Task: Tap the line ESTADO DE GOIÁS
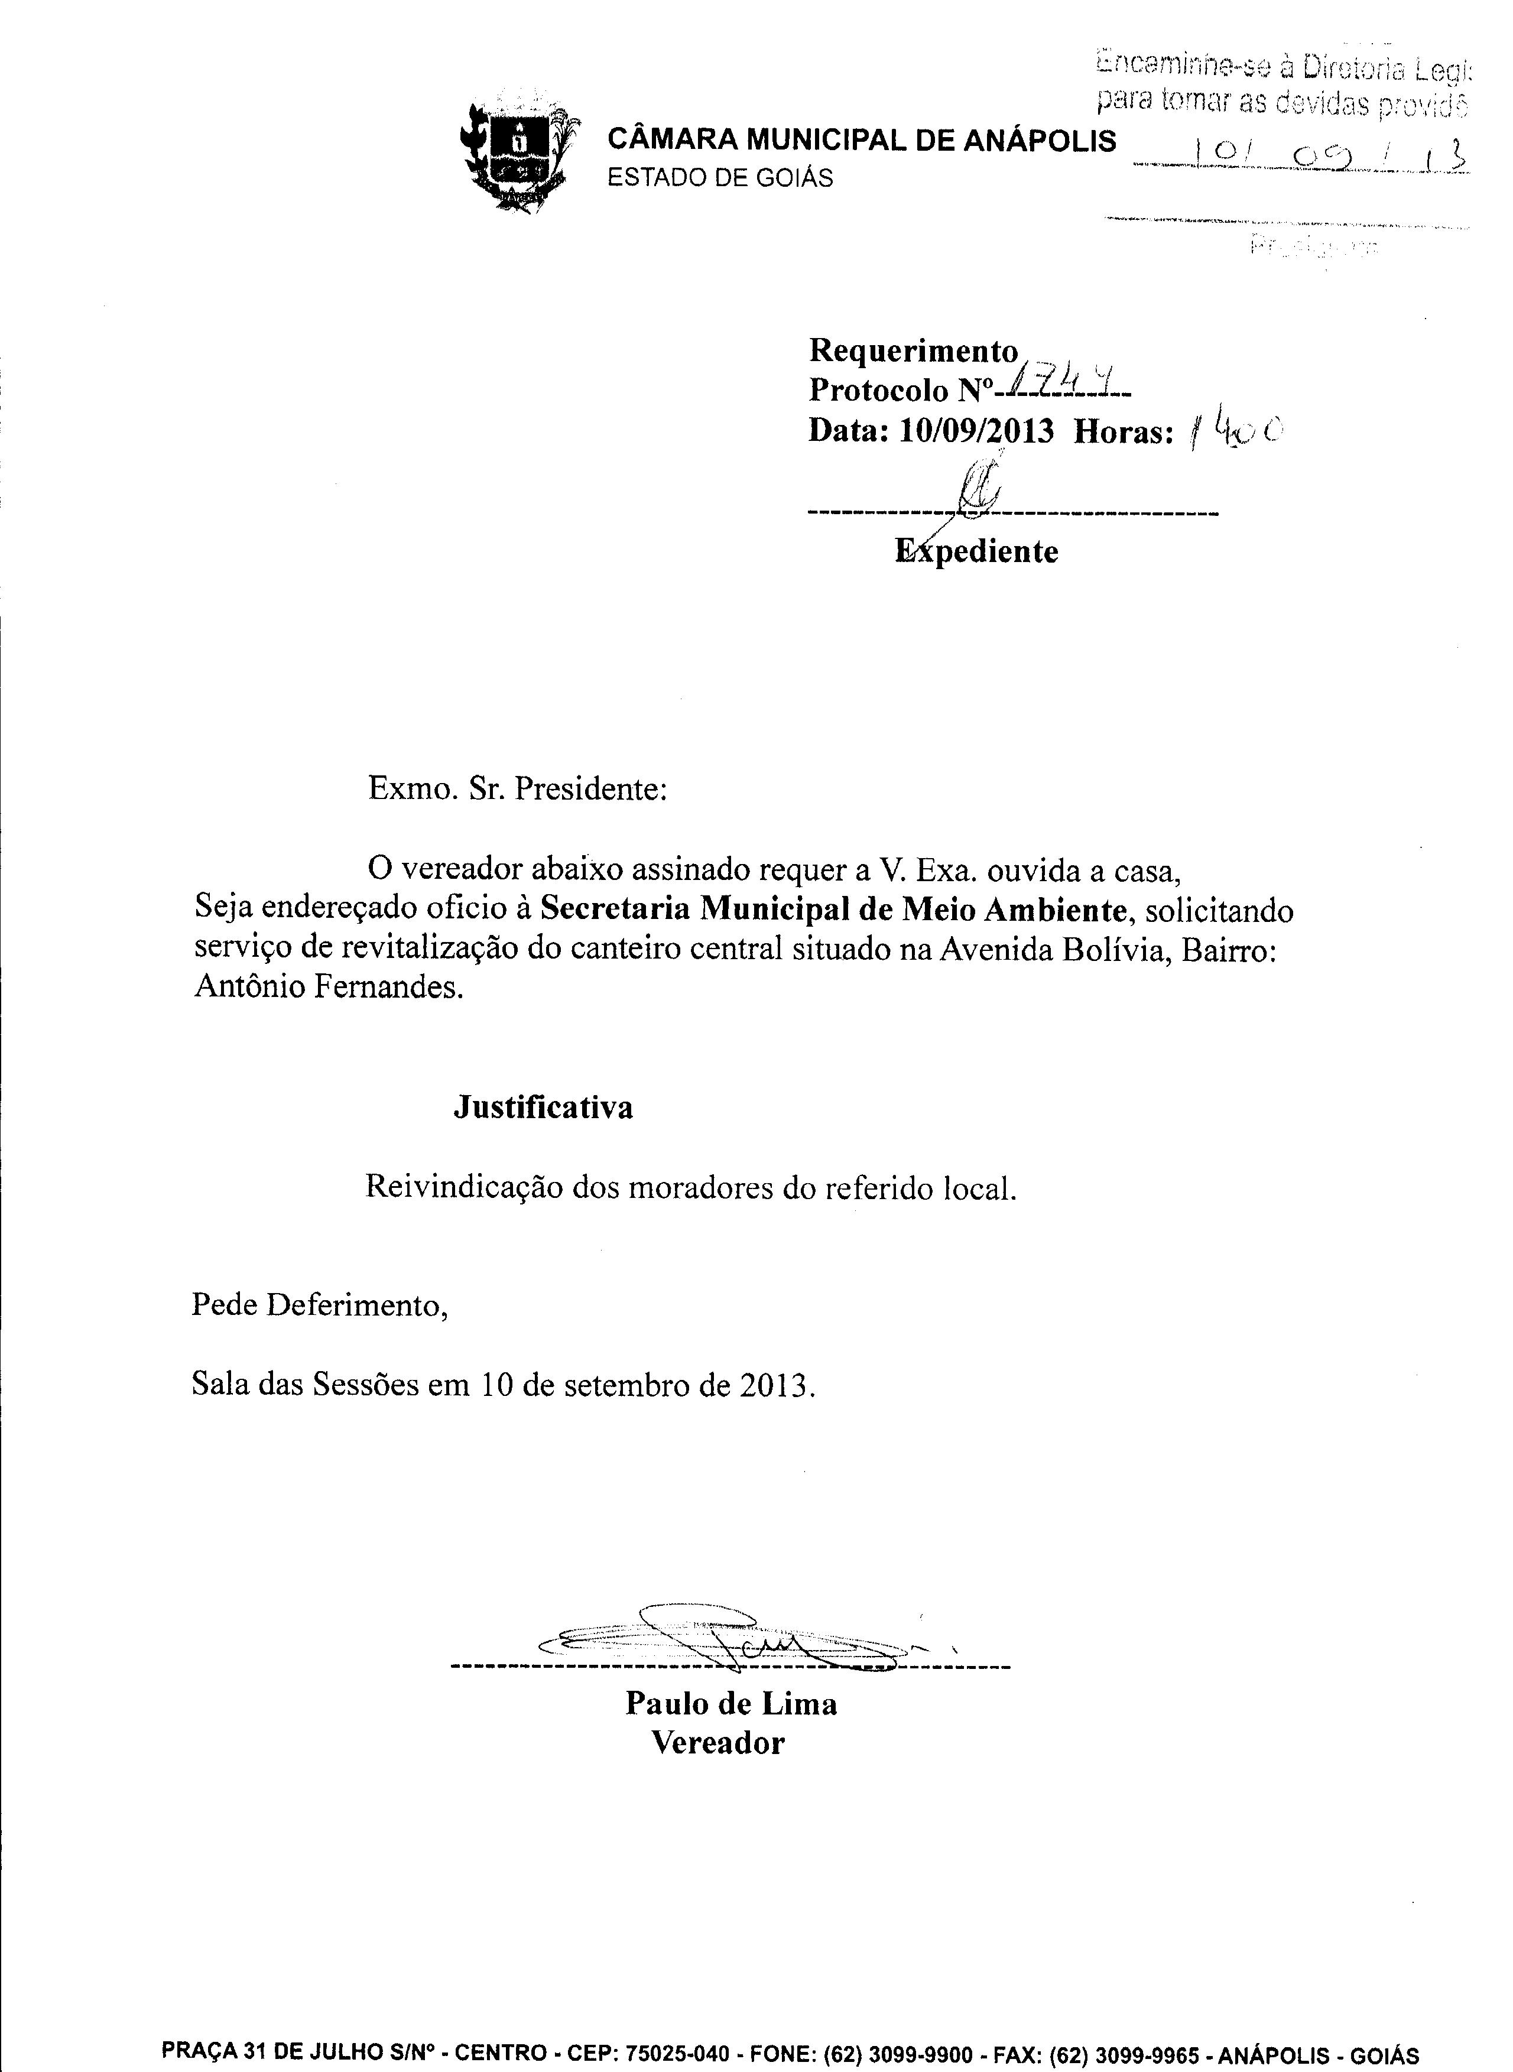pyautogui.click(x=721, y=178)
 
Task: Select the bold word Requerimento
pyautogui.click(x=913, y=350)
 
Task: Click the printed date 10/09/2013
pyautogui.click(x=976, y=430)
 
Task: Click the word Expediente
pyautogui.click(x=976, y=551)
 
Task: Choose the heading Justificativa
pyautogui.click(x=543, y=1108)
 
